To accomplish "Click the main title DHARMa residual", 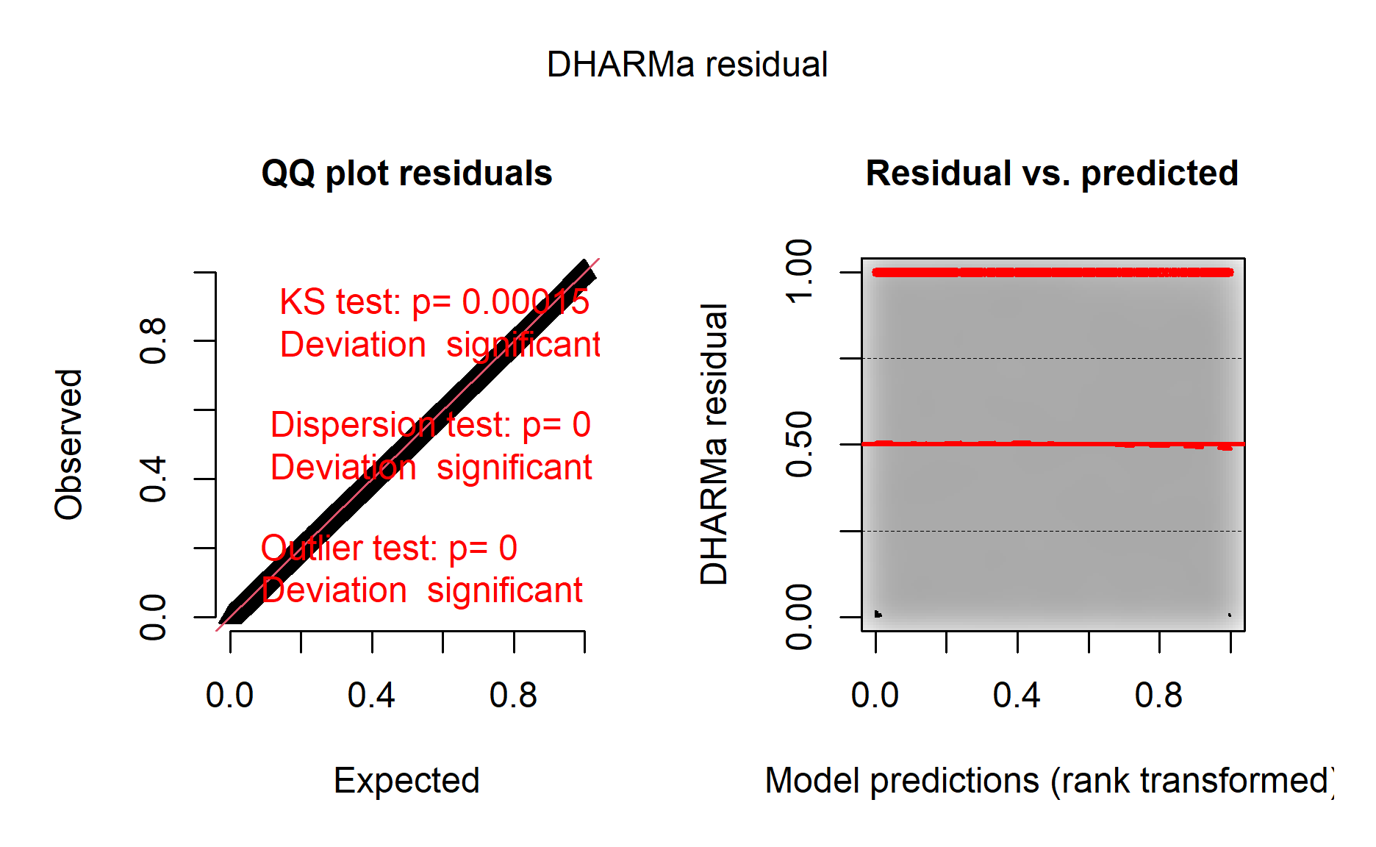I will point(687,65).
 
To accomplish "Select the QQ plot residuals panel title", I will point(406,174).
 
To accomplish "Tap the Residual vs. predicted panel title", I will point(1052,174).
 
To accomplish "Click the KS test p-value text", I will point(434,301).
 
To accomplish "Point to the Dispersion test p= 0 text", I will point(430,424).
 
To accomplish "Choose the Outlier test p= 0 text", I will point(389,548).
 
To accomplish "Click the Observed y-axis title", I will point(68,444).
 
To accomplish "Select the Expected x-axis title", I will point(406,780).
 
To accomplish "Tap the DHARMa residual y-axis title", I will point(714,444).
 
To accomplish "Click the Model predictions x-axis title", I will point(1049,780).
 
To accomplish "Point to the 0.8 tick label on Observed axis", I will point(153,341).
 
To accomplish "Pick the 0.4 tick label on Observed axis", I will point(153,479).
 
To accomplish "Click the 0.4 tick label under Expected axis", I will point(371,695).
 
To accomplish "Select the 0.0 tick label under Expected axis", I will point(229,695).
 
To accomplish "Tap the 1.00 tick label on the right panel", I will point(799,271).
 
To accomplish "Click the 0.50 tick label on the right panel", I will point(799,444).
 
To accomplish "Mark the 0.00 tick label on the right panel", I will point(799,617).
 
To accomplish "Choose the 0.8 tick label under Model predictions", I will point(1158,695).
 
